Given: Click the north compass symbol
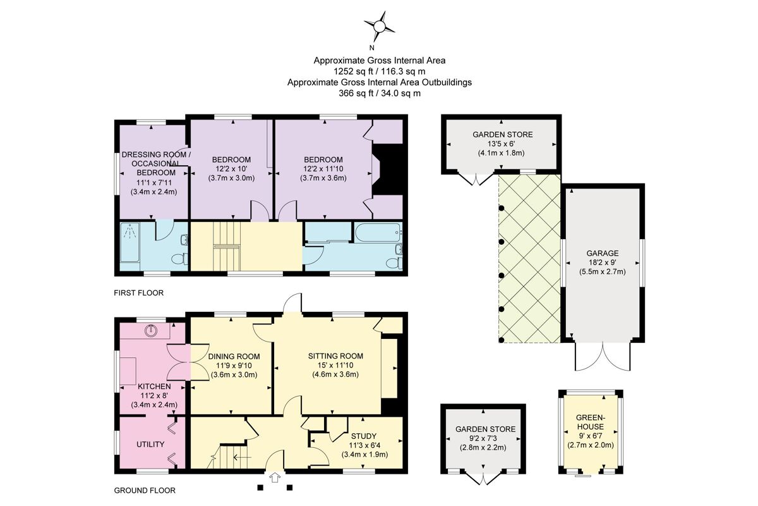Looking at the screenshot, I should coord(379,27).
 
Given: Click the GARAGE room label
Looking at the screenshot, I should coord(603,253).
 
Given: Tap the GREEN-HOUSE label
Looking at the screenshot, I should coord(591,423).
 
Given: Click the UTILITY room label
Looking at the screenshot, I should coord(150,445).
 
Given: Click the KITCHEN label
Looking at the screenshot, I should coord(153,386).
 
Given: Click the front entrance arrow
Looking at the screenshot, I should coord(275,478).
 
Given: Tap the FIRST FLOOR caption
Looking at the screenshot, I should coord(138,293).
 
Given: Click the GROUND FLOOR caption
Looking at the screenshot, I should coord(144,490).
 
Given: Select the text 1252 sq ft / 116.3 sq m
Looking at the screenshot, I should coord(379,71).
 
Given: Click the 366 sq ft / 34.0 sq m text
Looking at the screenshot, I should coord(379,93).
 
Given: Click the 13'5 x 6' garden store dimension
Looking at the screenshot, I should coord(503,144).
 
